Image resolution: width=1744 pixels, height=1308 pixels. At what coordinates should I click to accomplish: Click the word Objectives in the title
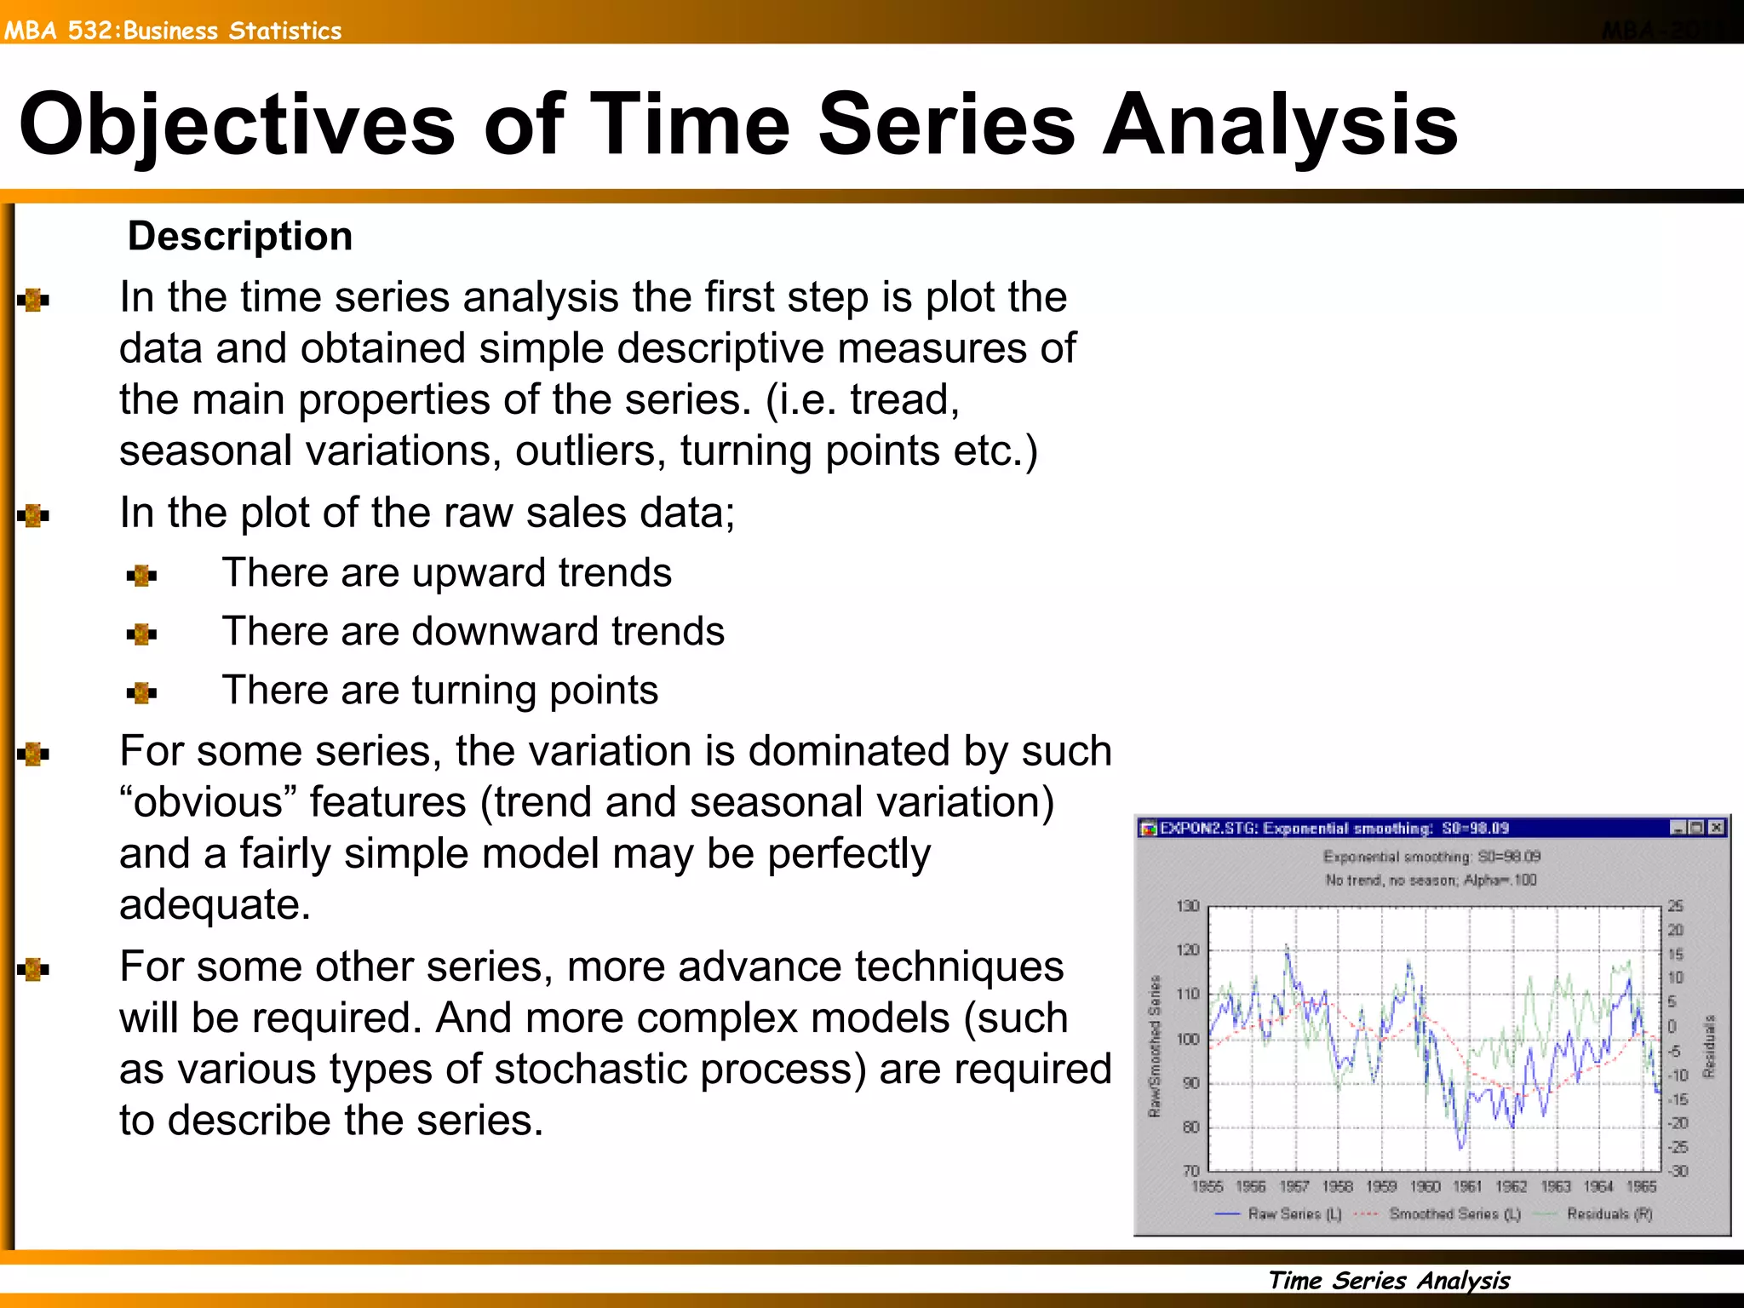coord(237,126)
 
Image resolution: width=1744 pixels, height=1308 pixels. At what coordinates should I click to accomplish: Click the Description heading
coord(239,236)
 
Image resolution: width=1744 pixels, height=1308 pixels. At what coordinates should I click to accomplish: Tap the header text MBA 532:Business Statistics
coord(173,31)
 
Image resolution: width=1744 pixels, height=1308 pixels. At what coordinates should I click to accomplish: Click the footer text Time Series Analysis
coord(1388,1280)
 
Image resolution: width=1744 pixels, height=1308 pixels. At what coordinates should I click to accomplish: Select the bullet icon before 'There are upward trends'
coord(141,577)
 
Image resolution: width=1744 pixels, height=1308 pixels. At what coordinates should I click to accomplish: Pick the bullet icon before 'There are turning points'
coord(141,693)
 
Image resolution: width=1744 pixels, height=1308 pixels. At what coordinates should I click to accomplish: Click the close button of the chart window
coord(1717,828)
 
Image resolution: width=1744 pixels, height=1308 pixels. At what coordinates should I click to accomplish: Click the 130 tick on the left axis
coord(1188,906)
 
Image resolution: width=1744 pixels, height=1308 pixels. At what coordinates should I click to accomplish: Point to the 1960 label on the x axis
coord(1425,1186)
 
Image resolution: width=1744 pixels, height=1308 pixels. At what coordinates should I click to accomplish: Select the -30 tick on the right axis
coord(1677,1171)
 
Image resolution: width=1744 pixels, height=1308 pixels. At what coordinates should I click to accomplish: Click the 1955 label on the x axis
coord(1207,1186)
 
